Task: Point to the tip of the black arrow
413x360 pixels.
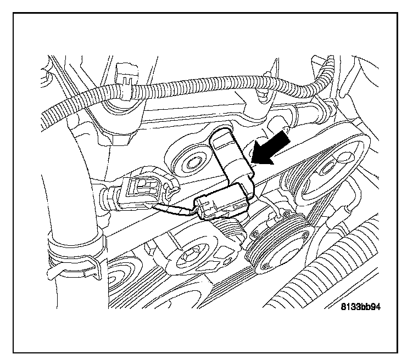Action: tap(253, 163)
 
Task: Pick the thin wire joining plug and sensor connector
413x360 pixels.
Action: tap(176, 209)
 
